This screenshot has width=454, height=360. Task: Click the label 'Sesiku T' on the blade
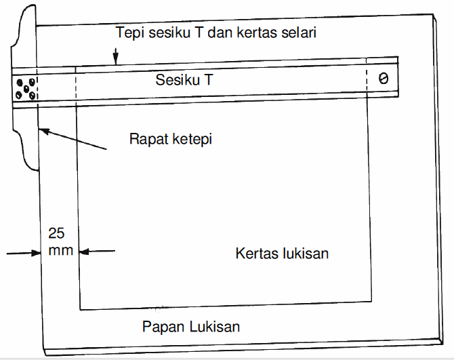click(184, 79)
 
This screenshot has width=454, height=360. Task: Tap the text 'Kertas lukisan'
click(282, 253)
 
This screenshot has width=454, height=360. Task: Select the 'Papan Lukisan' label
click(191, 326)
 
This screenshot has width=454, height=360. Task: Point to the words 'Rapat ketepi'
click(171, 140)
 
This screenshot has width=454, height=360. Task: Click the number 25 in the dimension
click(57, 233)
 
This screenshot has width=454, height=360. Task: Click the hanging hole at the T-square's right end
click(383, 79)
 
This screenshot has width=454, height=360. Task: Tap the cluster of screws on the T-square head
click(25, 87)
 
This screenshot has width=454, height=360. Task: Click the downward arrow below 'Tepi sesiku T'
click(117, 57)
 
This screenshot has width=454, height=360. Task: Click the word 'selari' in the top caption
click(299, 32)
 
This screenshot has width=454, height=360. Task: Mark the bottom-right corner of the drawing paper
click(371, 301)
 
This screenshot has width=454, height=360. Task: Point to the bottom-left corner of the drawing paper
click(80, 308)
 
